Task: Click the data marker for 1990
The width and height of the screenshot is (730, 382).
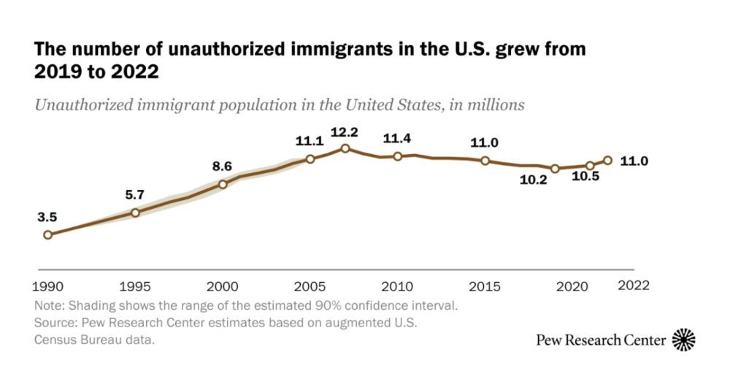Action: (47, 234)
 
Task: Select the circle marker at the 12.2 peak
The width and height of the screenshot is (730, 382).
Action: (345, 148)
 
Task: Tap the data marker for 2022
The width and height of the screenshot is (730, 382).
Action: (607, 161)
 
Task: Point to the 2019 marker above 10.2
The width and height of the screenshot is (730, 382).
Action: (555, 168)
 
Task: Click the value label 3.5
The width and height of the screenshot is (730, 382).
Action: (47, 216)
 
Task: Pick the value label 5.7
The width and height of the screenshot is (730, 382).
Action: (135, 194)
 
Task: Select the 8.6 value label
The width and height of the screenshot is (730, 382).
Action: (222, 167)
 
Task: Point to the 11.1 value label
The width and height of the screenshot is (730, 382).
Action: (310, 140)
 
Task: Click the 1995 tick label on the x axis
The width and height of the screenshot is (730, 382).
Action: (135, 284)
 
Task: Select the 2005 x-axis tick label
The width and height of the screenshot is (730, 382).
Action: (310, 284)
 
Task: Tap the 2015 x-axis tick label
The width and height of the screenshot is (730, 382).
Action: (485, 284)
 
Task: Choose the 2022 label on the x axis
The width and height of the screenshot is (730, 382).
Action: (633, 284)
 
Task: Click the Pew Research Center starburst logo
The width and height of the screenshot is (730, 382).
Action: (683, 340)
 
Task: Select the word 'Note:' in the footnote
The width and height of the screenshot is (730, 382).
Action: (49, 305)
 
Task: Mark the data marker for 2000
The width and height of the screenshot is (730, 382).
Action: (223, 184)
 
